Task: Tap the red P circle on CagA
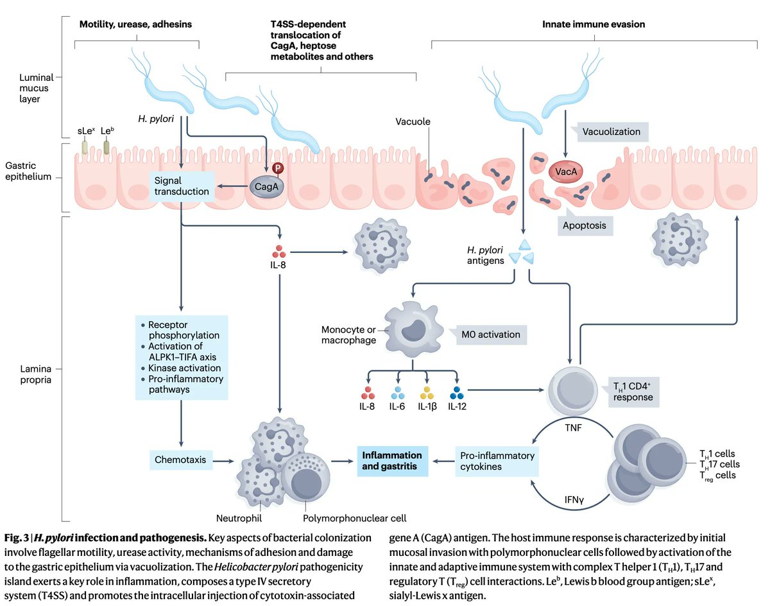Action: pos(277,168)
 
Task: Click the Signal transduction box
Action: pos(182,186)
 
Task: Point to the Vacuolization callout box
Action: pos(611,132)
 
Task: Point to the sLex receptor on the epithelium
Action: pos(84,147)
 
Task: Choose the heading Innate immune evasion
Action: pos(594,24)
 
